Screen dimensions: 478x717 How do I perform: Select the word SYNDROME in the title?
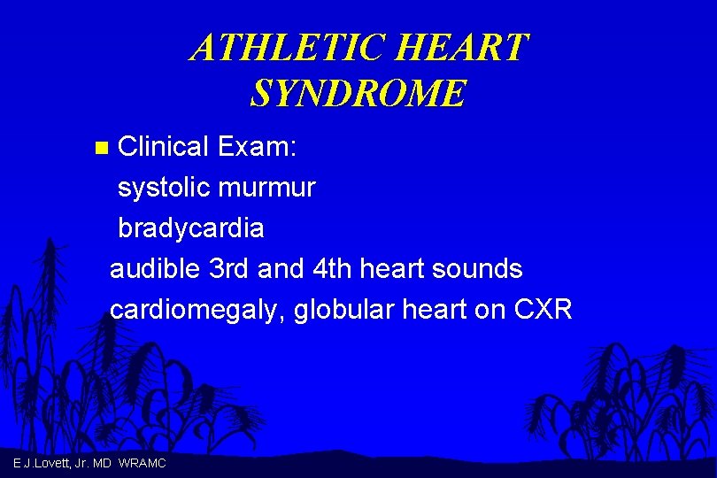358,93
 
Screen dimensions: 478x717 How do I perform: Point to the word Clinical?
163,146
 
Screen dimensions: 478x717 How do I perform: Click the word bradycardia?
191,228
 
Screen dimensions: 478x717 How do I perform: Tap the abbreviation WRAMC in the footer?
142,464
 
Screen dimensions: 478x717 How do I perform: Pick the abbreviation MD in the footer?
102,464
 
